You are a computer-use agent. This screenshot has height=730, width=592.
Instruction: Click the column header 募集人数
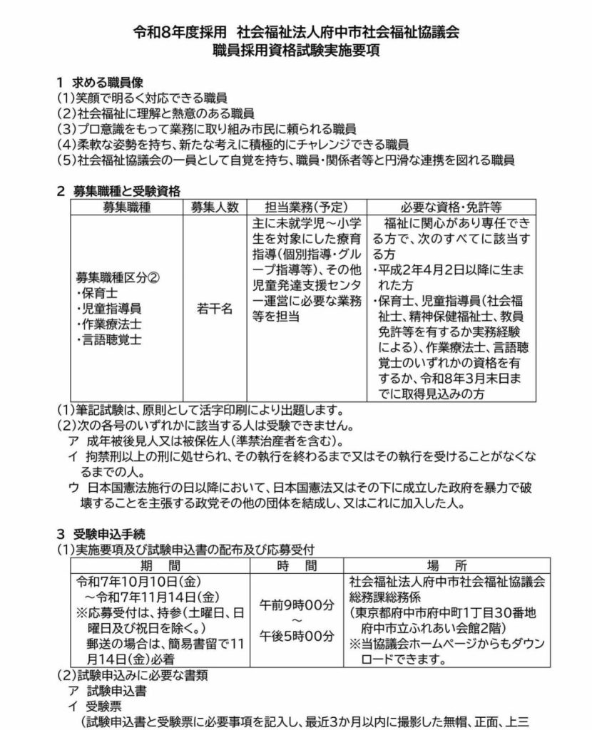click(214, 207)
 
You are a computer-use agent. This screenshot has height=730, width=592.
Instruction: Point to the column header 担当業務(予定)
click(306, 207)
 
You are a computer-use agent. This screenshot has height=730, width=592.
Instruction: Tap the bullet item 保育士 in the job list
click(96, 292)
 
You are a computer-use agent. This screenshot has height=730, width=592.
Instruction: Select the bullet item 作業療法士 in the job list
click(107, 324)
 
